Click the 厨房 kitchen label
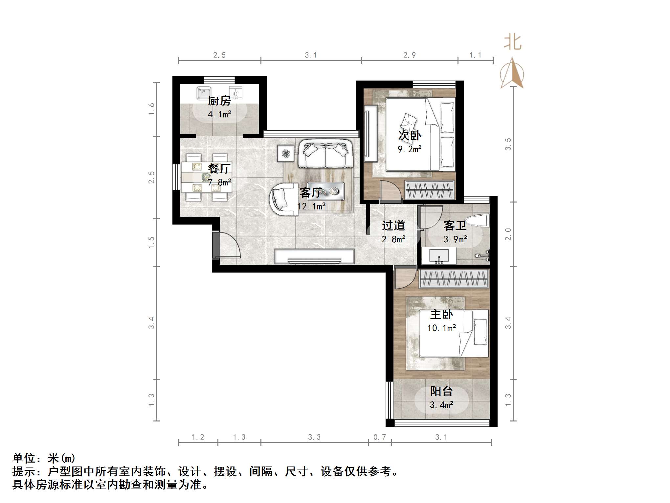pos(219,101)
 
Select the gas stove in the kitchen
pos(235,93)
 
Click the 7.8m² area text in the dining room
pos(219,182)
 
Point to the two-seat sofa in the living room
pos(325,154)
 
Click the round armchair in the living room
pos(283,200)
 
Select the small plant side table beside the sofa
pos(286,153)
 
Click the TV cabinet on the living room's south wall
pos(314,256)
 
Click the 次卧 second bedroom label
pos(409,135)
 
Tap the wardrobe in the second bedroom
pos(429,190)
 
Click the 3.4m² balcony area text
pos(441,405)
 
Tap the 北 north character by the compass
pos(512,42)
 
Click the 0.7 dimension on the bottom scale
pos(380,437)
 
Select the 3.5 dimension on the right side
pos(508,144)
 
